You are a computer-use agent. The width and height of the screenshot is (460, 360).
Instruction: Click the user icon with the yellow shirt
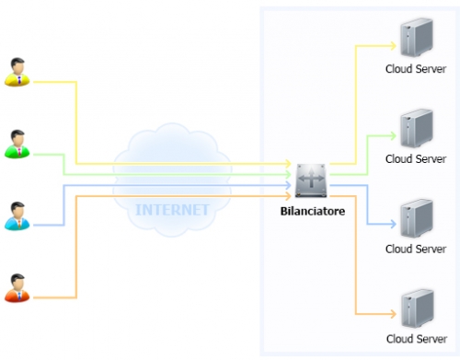tap(17, 72)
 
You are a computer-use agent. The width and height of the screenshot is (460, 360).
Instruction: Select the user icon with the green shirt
tap(17, 144)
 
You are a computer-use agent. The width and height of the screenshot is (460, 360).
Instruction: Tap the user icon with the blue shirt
tap(17, 216)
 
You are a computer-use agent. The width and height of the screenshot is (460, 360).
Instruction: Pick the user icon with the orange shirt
tap(17, 288)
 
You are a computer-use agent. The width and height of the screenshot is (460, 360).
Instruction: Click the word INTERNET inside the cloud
tap(172, 210)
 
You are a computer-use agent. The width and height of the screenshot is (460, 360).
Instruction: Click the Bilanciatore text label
tap(313, 211)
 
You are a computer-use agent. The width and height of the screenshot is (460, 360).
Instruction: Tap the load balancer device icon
tap(311, 180)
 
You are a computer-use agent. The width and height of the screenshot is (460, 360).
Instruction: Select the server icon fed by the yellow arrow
tap(417, 37)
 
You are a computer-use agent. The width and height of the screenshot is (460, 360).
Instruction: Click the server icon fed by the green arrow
tap(417, 128)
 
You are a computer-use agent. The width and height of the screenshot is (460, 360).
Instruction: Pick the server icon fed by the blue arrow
tap(417, 218)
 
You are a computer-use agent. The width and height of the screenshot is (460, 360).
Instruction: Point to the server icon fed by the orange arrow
tap(417, 308)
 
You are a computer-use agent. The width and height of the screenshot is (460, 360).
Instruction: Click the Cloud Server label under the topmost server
tap(416, 69)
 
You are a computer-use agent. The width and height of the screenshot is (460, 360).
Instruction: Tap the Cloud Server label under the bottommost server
tap(417, 339)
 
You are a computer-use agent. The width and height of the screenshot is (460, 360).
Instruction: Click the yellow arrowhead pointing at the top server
tap(393, 46)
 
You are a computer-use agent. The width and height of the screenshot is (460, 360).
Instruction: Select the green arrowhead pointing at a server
tap(393, 136)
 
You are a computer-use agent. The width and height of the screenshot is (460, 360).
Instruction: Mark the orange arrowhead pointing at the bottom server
tap(393, 314)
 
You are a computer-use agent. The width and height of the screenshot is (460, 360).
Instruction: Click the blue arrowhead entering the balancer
tap(288, 185)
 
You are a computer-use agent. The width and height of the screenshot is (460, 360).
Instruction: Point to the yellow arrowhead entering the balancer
tap(288, 164)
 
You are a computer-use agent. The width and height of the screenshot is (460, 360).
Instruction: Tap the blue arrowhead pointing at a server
tap(393, 224)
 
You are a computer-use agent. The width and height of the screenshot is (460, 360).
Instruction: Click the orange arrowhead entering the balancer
tap(288, 196)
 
